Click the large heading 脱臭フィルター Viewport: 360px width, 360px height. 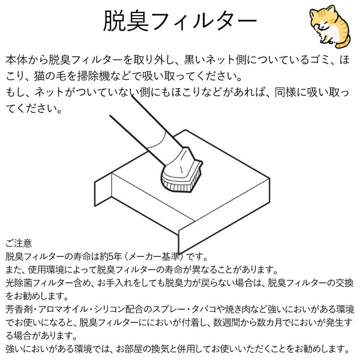coord(180,23)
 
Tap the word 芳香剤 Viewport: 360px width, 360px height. coord(16,310)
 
